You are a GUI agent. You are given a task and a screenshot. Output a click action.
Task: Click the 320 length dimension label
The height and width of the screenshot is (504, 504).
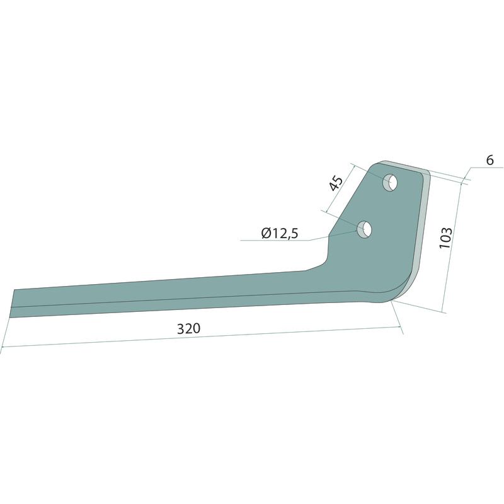pos(188,328)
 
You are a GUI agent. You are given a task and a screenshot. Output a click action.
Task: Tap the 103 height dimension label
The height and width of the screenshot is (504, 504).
pos(446,238)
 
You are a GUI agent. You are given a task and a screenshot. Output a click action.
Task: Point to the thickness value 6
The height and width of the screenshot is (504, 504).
pos(490,160)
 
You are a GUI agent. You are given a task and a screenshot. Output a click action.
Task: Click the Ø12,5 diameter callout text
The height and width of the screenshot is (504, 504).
pos(280,233)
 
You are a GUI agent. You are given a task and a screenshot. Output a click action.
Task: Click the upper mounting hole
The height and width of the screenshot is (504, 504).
pos(390,183)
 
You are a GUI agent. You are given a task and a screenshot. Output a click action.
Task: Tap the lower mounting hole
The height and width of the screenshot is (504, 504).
pos(364,229)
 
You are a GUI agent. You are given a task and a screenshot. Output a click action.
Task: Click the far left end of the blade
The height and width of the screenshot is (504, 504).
pos(11,304)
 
